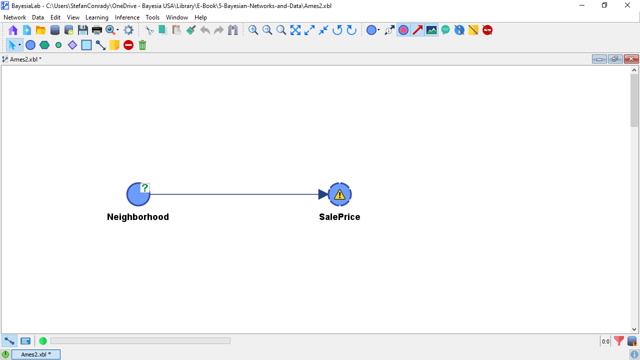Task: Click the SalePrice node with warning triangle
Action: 339,194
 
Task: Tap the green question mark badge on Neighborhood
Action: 145,188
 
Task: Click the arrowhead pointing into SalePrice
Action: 323,194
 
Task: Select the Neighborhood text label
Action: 137,217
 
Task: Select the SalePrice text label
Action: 339,217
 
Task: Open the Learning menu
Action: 97,17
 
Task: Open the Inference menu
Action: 127,17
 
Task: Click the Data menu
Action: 37,17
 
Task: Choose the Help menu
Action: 200,17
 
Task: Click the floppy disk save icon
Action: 83,30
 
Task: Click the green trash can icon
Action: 142,45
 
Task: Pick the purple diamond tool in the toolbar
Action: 72,45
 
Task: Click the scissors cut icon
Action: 149,30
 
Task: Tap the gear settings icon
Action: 128,30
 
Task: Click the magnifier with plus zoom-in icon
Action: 253,30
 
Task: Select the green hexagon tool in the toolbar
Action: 44,45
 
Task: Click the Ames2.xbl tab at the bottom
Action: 35,354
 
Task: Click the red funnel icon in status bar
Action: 619,341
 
